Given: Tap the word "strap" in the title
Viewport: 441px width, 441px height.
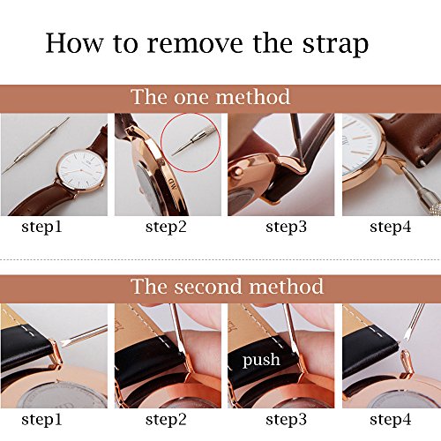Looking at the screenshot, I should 334,44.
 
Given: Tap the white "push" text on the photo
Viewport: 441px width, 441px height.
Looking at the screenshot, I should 263,360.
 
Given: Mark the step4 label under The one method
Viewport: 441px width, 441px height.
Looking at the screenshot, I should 392,227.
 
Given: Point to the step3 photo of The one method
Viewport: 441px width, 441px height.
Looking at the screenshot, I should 280,164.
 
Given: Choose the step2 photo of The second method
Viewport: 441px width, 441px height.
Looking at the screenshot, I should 166,355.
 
